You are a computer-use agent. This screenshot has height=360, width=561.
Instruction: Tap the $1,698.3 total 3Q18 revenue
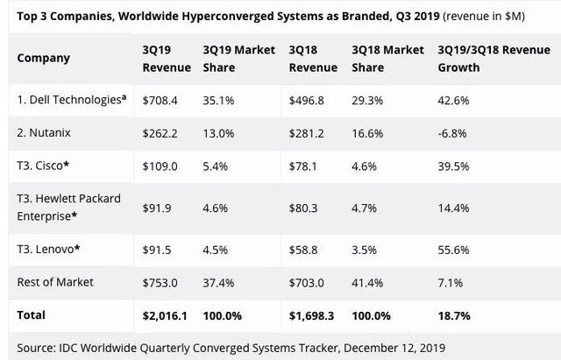coord(313,314)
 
